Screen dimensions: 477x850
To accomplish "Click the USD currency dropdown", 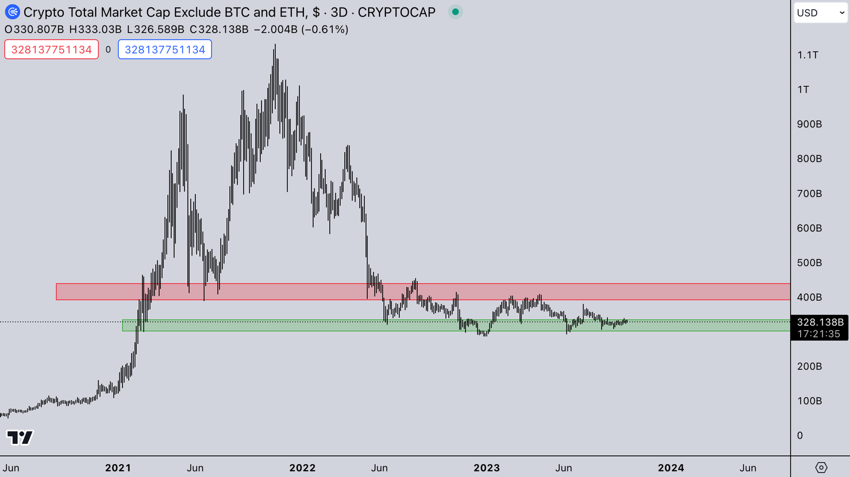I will point(820,13).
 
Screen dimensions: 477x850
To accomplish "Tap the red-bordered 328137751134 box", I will point(52,50).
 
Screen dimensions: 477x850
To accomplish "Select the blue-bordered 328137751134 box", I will point(165,50).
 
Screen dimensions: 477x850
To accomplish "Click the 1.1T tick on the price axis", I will point(807,55).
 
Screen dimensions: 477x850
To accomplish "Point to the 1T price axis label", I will point(803,89).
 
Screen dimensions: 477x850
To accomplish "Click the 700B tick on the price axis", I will point(809,193).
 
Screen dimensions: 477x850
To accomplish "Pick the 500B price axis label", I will point(809,263).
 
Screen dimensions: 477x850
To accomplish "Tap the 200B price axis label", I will point(809,366).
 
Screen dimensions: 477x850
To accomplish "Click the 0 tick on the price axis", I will point(800,435).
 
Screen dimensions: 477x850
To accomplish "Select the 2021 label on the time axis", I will point(118,468).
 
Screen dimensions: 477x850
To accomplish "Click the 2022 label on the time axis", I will point(302,468).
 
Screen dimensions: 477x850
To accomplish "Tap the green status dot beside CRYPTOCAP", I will point(455,12).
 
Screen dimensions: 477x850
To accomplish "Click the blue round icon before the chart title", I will point(13,12).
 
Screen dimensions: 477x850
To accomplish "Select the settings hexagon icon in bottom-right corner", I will point(821,467).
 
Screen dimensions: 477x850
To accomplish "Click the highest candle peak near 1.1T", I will point(275,45).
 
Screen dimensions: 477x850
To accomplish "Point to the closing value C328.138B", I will point(219,29).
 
